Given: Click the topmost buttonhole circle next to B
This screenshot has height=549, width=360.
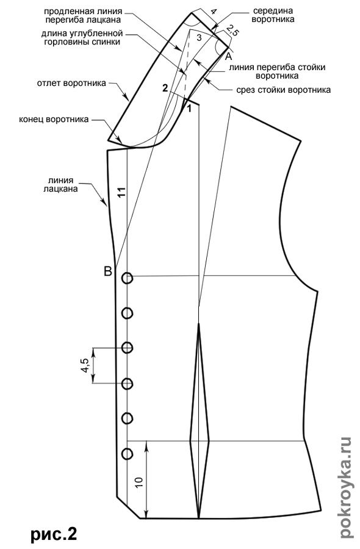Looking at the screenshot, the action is coord(127,278).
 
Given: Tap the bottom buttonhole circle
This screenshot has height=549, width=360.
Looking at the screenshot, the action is coord(127,454).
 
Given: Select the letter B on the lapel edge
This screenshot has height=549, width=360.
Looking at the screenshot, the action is coord(108,271).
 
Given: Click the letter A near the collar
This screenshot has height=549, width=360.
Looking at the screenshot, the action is coord(228,56).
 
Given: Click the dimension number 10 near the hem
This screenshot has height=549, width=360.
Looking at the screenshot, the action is coord(139,482).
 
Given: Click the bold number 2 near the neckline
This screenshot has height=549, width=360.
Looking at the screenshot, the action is coord(165,88).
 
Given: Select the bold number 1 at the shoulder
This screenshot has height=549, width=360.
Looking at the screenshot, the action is coord(189,109).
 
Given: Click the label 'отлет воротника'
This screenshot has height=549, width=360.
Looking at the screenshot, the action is coord(71,84).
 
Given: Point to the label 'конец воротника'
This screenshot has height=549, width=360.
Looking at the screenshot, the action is coord(54,120).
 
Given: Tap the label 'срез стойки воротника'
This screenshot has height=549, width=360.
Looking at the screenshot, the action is coord(283,90).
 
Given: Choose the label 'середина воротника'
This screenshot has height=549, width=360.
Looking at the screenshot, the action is coord(273,15).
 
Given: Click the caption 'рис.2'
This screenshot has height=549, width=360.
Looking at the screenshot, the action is coord(53,534).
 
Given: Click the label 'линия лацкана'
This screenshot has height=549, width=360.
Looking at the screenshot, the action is coord(61,184).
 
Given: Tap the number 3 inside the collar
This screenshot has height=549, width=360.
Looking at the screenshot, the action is coord(199,38).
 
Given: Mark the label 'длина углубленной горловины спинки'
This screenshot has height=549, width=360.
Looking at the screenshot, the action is coord(82,38).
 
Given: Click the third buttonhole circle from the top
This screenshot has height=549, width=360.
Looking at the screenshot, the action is coord(127,348).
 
